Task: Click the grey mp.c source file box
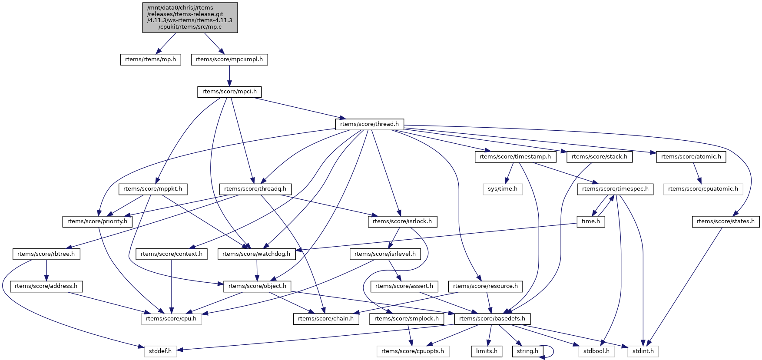pos(190,17)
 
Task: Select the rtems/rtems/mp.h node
pos(150,59)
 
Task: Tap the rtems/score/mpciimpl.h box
pos(229,59)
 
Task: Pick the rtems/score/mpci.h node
pos(229,92)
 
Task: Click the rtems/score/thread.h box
pos(369,124)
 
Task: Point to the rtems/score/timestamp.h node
pos(515,157)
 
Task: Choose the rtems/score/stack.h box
pos(600,157)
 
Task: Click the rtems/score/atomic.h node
pos(691,157)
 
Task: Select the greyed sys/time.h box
pos(503,189)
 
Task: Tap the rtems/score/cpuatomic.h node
pos(703,189)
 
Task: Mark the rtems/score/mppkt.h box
pos(152,189)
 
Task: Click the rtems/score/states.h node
pos(726,221)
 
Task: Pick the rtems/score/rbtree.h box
pos(46,254)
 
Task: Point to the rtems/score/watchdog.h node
pos(256,254)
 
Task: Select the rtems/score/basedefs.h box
pos(492,319)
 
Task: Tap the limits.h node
pos(487,351)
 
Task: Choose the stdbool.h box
pos(596,351)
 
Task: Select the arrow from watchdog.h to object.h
pos(257,270)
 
